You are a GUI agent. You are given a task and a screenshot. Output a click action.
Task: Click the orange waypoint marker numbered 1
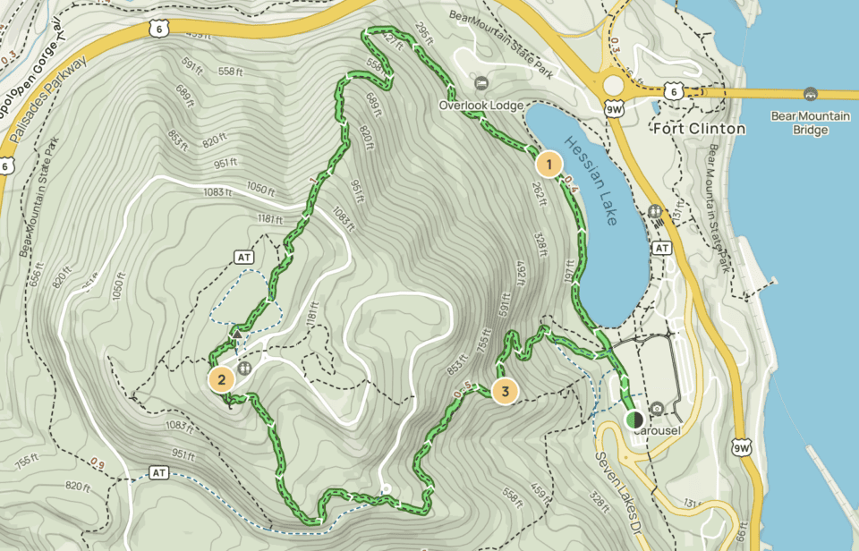coord(548,164)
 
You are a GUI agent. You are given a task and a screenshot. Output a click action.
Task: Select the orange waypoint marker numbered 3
coord(505,391)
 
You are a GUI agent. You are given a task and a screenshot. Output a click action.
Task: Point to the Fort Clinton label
coord(699,129)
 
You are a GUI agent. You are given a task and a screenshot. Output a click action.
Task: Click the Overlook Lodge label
coord(481,105)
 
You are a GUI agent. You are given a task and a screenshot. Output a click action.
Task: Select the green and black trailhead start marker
coord(634,418)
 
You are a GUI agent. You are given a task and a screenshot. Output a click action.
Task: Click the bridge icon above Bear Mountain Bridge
coord(810,94)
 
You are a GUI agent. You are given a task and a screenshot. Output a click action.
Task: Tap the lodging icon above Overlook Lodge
coord(481,84)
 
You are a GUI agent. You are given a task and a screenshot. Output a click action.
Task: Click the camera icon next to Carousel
coord(658,409)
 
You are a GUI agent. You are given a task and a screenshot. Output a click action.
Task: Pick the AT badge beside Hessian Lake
coord(662,247)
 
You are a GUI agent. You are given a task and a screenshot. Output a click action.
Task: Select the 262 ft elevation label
coord(538,191)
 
